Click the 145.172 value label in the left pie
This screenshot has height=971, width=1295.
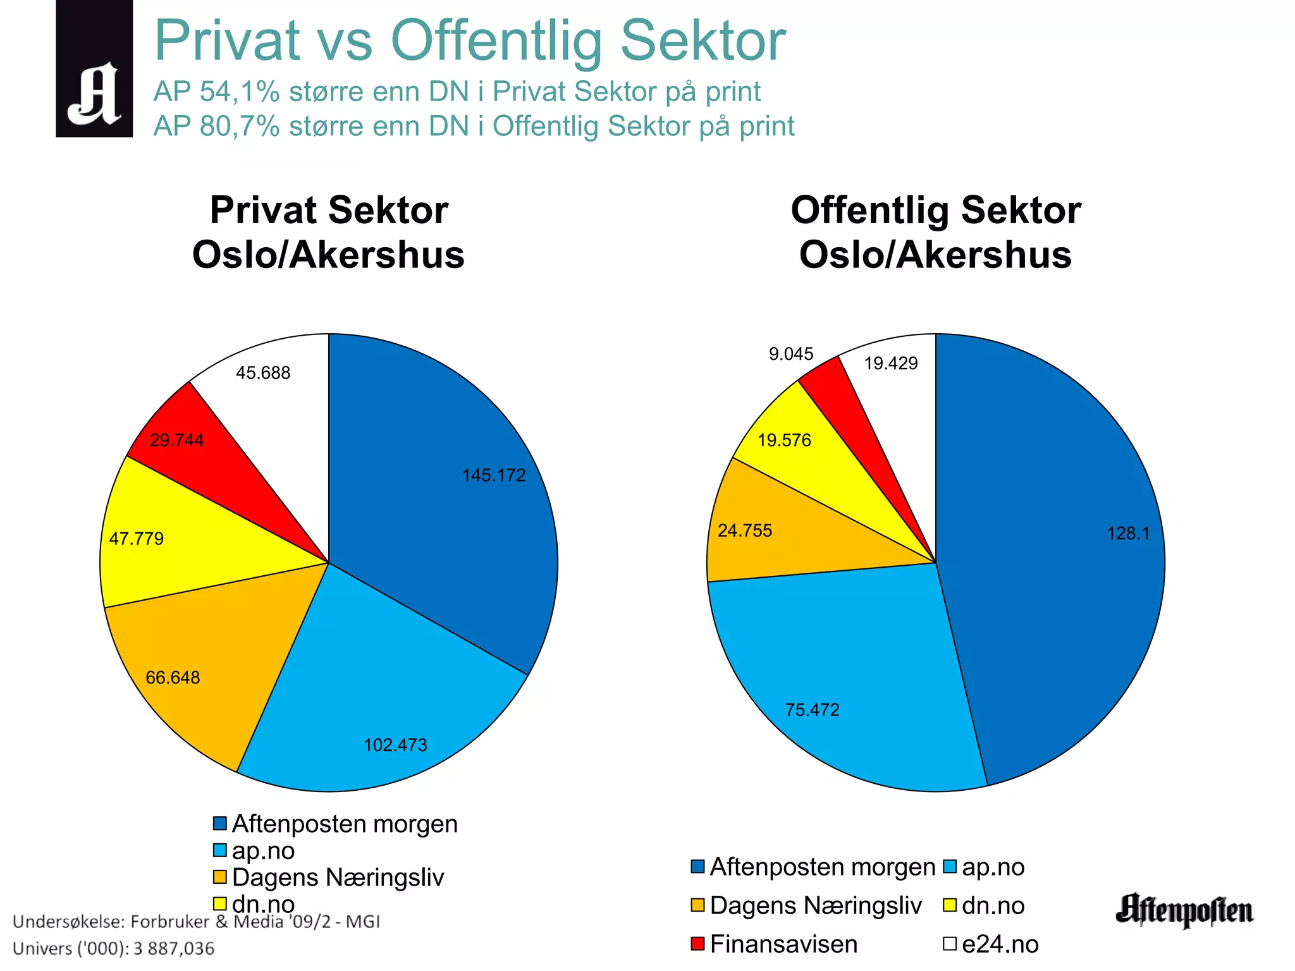point(493,475)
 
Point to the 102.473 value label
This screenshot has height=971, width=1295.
point(395,745)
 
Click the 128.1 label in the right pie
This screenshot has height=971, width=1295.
point(1127,534)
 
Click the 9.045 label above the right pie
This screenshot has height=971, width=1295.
point(790,354)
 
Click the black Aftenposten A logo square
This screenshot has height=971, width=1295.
point(94,68)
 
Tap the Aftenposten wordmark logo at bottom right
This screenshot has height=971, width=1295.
point(1184,910)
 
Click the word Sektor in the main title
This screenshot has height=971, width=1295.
point(703,40)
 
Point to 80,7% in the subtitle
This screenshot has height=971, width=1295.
point(240,126)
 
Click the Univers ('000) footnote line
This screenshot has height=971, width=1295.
point(114,948)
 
